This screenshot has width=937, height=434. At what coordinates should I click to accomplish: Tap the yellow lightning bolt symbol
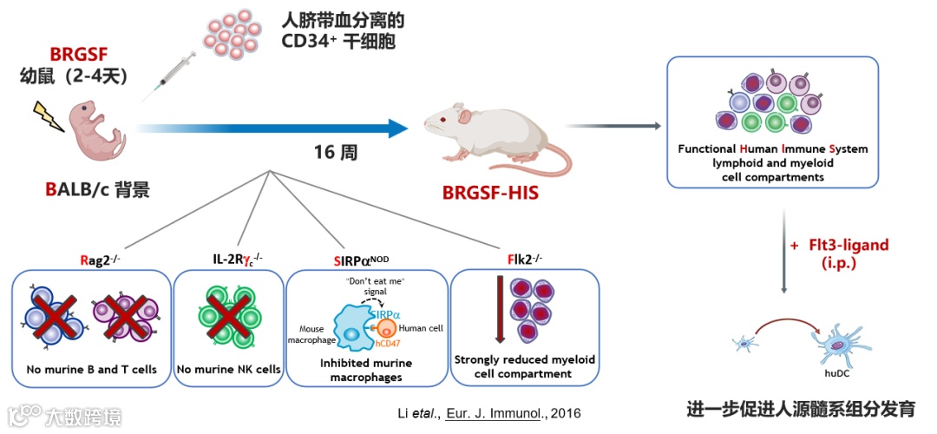pyautogui.click(x=48, y=115)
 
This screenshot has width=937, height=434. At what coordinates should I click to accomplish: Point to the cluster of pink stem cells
pyautogui.click(x=231, y=34)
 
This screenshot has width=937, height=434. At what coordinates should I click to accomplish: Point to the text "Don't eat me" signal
pyautogui.click(x=376, y=286)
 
